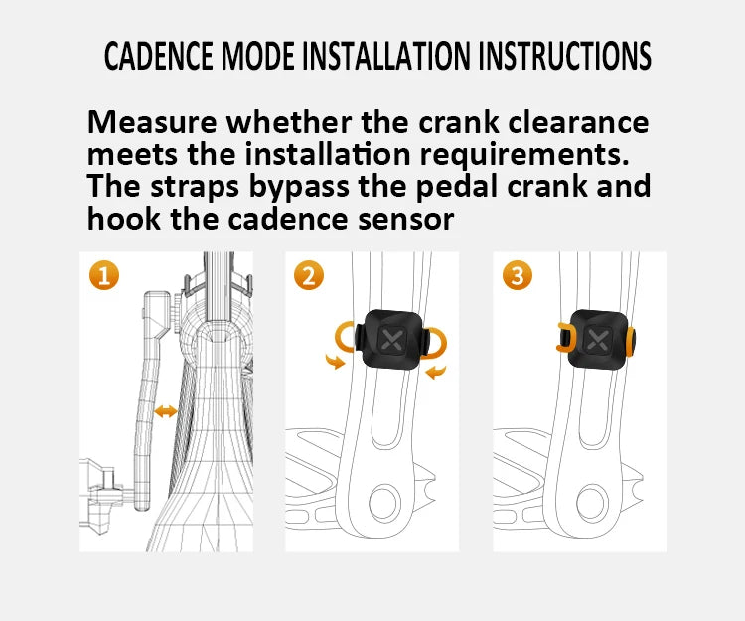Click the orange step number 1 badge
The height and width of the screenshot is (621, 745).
[102, 275]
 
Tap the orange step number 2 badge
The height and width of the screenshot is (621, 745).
[309, 275]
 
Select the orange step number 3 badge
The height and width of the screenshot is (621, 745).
[517, 275]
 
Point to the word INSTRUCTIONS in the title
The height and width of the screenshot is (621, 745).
[564, 56]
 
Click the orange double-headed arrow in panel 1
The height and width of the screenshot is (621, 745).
[166, 411]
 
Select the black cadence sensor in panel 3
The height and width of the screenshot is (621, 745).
[598, 338]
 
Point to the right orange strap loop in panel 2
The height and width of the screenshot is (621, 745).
[436, 342]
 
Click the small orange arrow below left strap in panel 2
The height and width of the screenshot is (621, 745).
[338, 364]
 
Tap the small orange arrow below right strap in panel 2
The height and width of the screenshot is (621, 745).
[436, 373]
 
